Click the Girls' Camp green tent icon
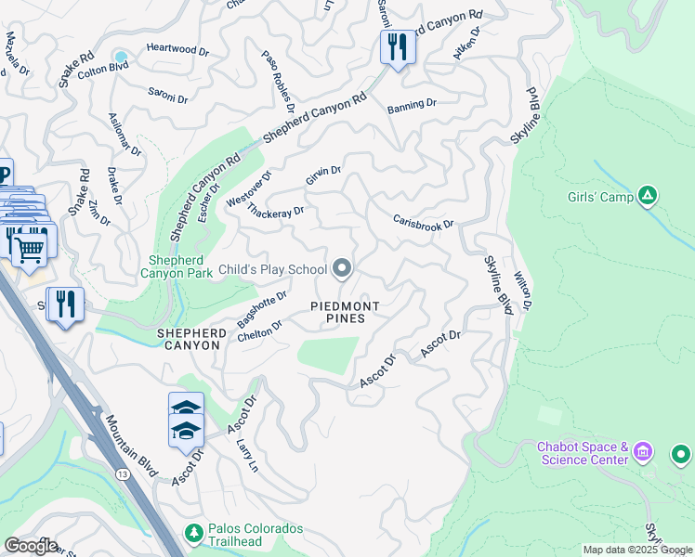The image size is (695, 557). coord(649,196)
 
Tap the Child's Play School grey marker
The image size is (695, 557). coord(342,269)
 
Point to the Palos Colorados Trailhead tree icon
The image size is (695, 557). coord(194,534)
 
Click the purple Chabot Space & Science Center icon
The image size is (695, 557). coord(644,454)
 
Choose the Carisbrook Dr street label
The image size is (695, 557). coord(423,224)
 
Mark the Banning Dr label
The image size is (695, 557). coord(412,105)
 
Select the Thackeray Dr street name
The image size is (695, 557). coord(276,212)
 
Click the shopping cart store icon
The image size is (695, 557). coord(30,247)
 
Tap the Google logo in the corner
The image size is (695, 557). coord(31,546)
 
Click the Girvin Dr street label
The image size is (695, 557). coord(324,175)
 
